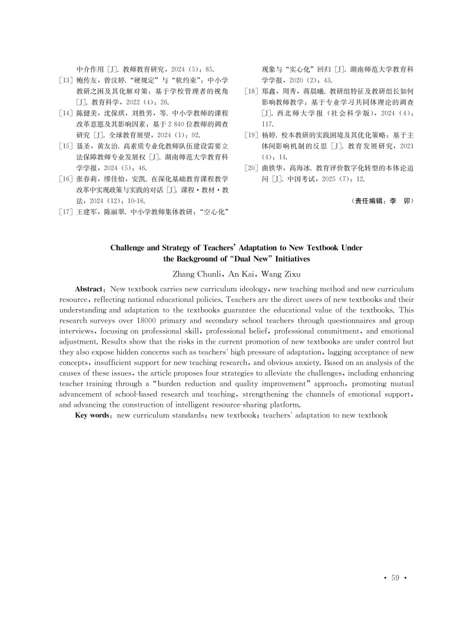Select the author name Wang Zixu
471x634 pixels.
pos(276,274)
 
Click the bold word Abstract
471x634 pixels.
pos(90,290)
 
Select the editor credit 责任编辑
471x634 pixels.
pos(366,201)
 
